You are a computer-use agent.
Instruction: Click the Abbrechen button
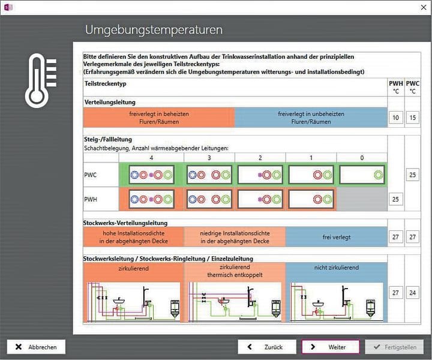coord(36,347)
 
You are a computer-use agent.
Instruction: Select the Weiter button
coord(331,347)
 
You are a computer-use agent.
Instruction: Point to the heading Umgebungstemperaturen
coord(154,29)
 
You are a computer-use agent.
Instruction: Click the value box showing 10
coord(395,118)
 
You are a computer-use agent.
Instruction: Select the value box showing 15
coord(413,118)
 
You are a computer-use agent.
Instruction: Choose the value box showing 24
coord(413,293)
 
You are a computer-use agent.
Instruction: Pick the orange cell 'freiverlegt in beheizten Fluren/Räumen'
coord(158,118)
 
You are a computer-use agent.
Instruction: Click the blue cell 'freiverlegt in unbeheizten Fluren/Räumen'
coord(311,118)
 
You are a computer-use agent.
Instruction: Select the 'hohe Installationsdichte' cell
coord(133,237)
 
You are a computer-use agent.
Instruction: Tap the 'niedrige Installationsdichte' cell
coord(235,237)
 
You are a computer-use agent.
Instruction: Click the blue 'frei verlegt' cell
coord(336,237)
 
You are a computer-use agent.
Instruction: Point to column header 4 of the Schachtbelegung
coord(151,157)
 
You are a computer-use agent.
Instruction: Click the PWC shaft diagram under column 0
coord(362,175)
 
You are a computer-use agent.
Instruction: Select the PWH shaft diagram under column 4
coord(151,198)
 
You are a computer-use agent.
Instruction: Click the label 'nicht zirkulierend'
coord(336,268)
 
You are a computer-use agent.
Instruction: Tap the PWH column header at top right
coord(395,87)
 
